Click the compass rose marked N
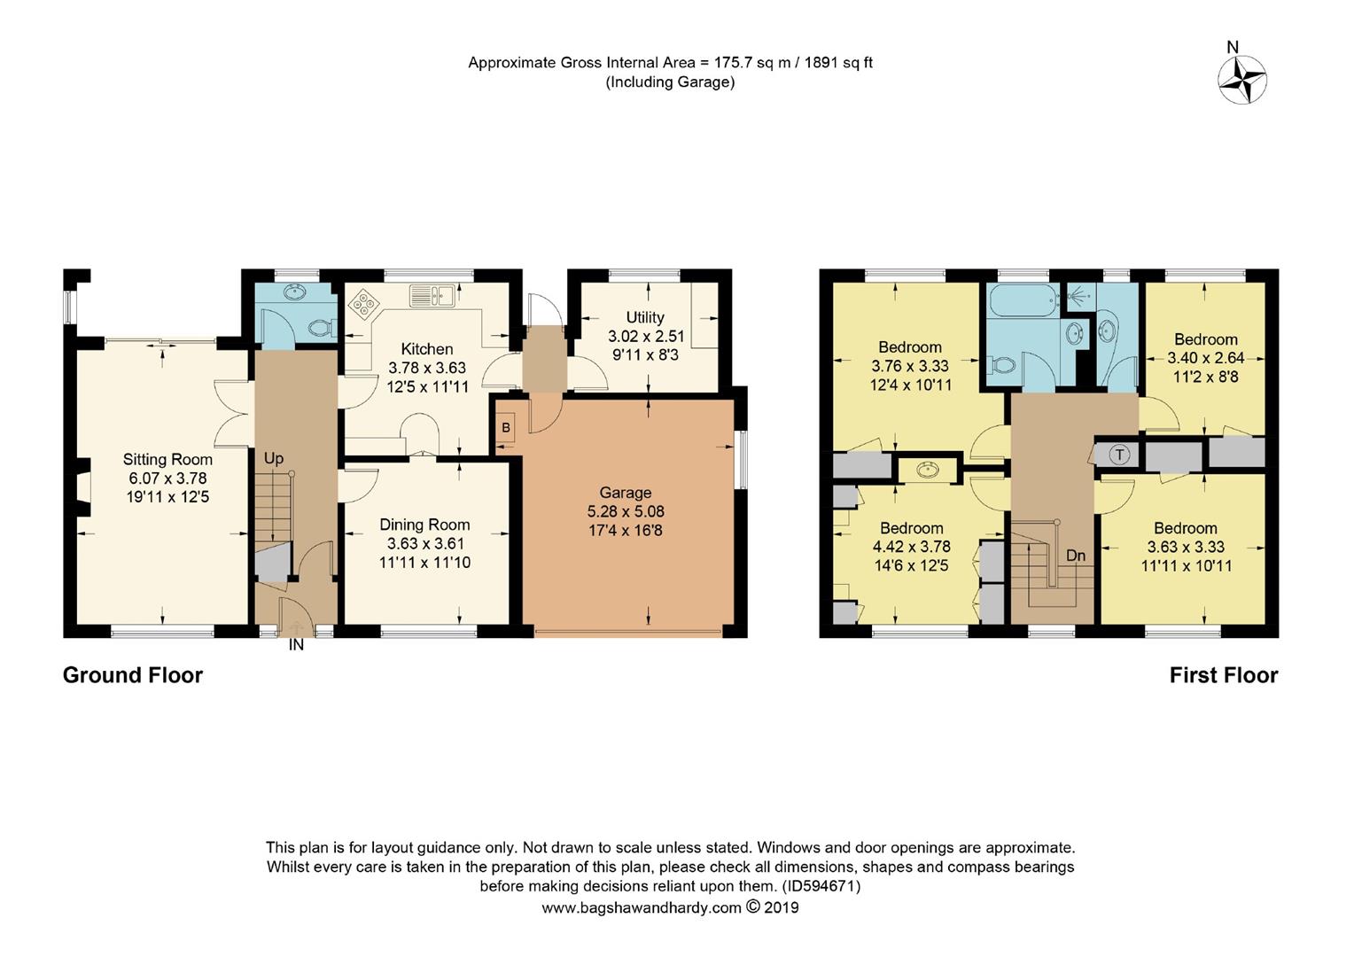[x=1241, y=79]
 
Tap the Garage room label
[x=625, y=493]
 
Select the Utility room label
[x=644, y=317]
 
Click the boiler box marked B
[x=505, y=428]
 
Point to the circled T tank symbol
[x=1120, y=455]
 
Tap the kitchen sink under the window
[x=432, y=295]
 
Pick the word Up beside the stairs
[x=273, y=458]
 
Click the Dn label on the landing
[x=1075, y=556]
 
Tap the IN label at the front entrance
[x=296, y=645]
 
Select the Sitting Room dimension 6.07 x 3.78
[x=167, y=478]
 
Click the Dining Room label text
[x=424, y=525]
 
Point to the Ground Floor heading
[x=132, y=675]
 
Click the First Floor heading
[x=1223, y=675]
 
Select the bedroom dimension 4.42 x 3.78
[x=911, y=547]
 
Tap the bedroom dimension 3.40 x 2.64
[x=1205, y=358]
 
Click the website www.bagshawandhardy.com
[x=641, y=907]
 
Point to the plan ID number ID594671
[x=821, y=886]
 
